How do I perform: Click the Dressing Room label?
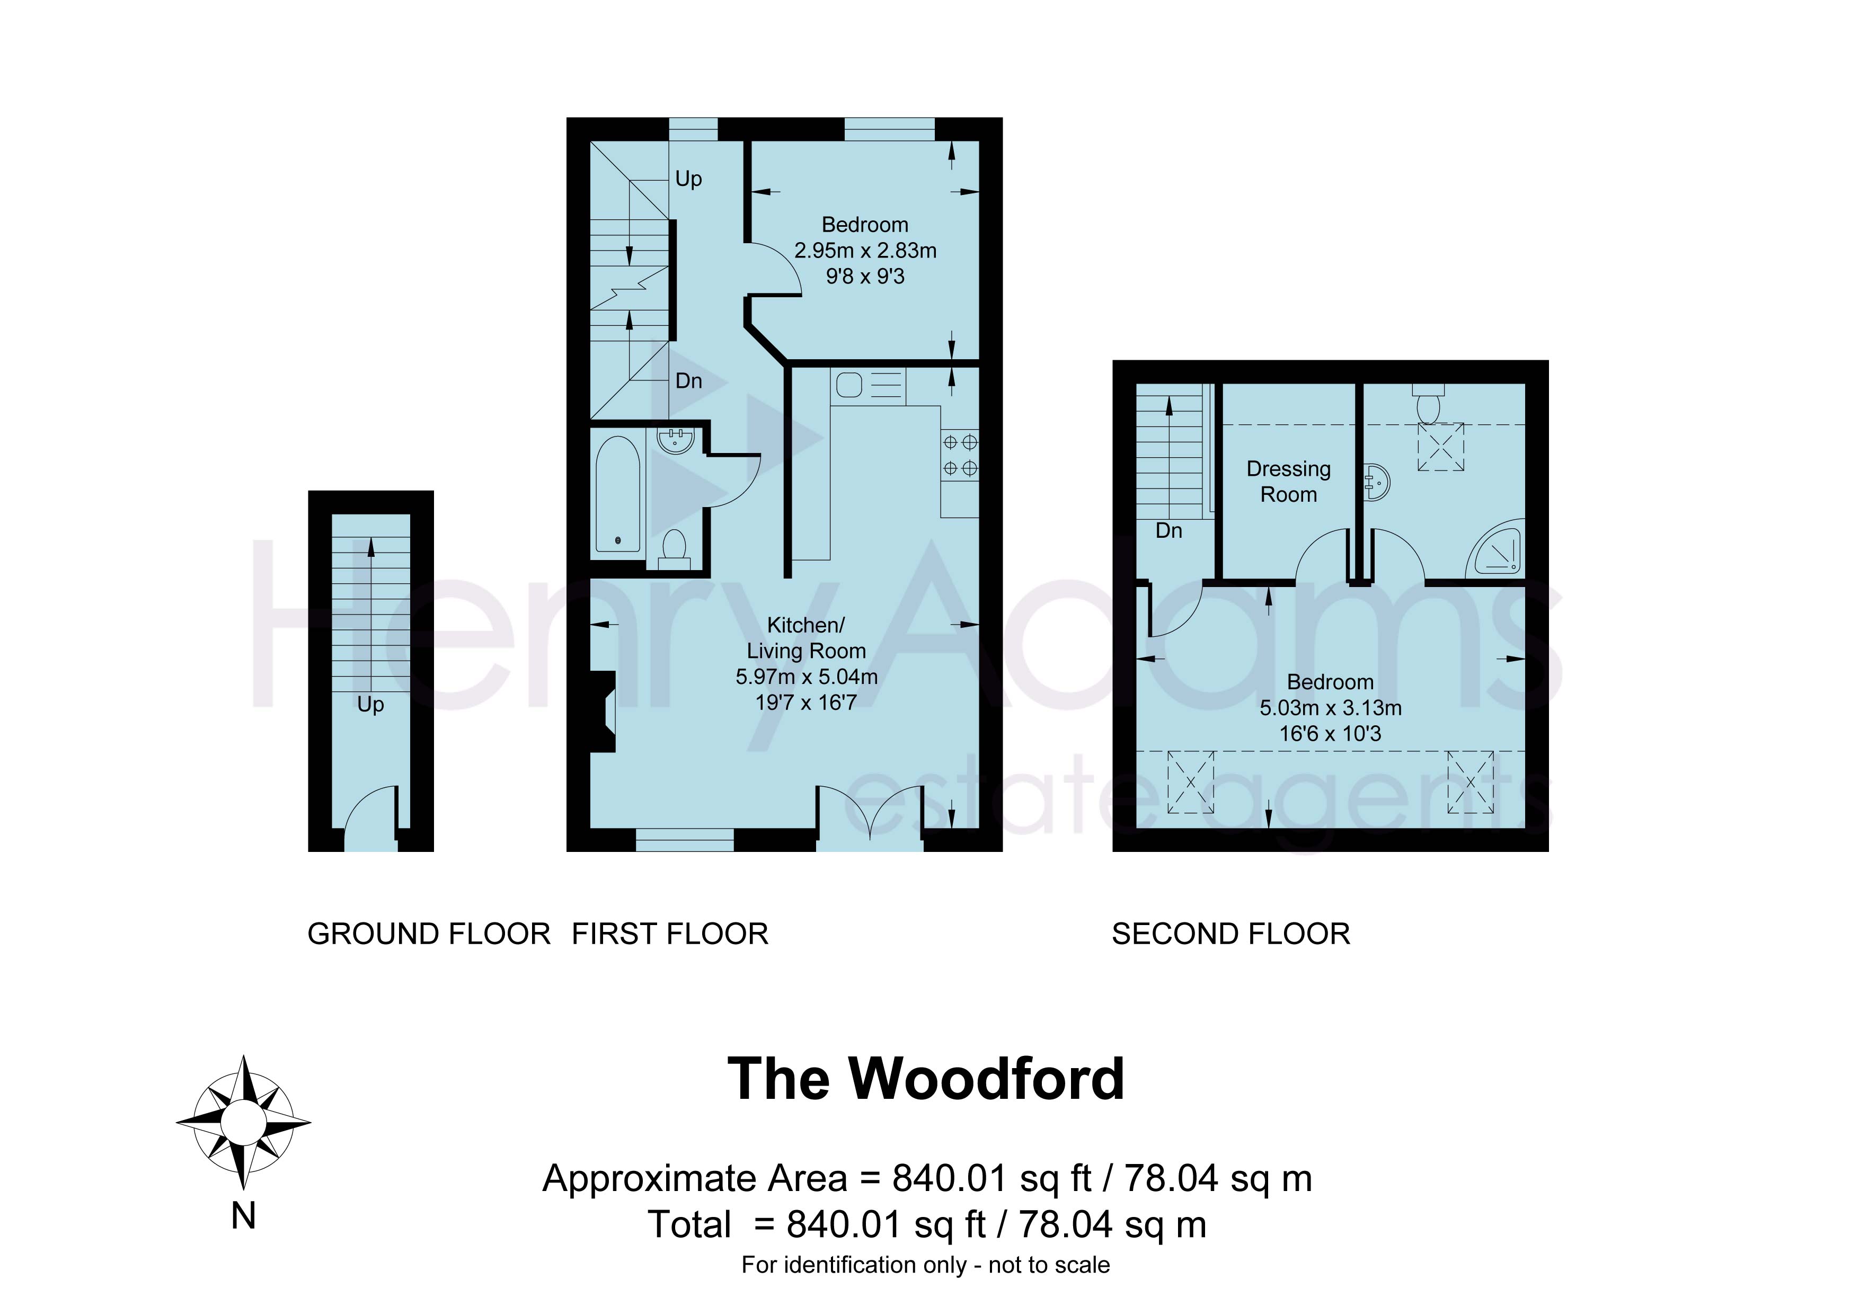(x=1288, y=481)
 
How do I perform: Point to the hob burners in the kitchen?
(x=960, y=455)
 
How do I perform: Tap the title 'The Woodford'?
(x=926, y=1079)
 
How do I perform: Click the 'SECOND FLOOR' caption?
(x=1231, y=935)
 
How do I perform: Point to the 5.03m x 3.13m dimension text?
(x=1330, y=708)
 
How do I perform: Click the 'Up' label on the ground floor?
(x=371, y=705)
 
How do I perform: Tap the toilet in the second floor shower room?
(x=1428, y=403)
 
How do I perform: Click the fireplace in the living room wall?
(x=603, y=711)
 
